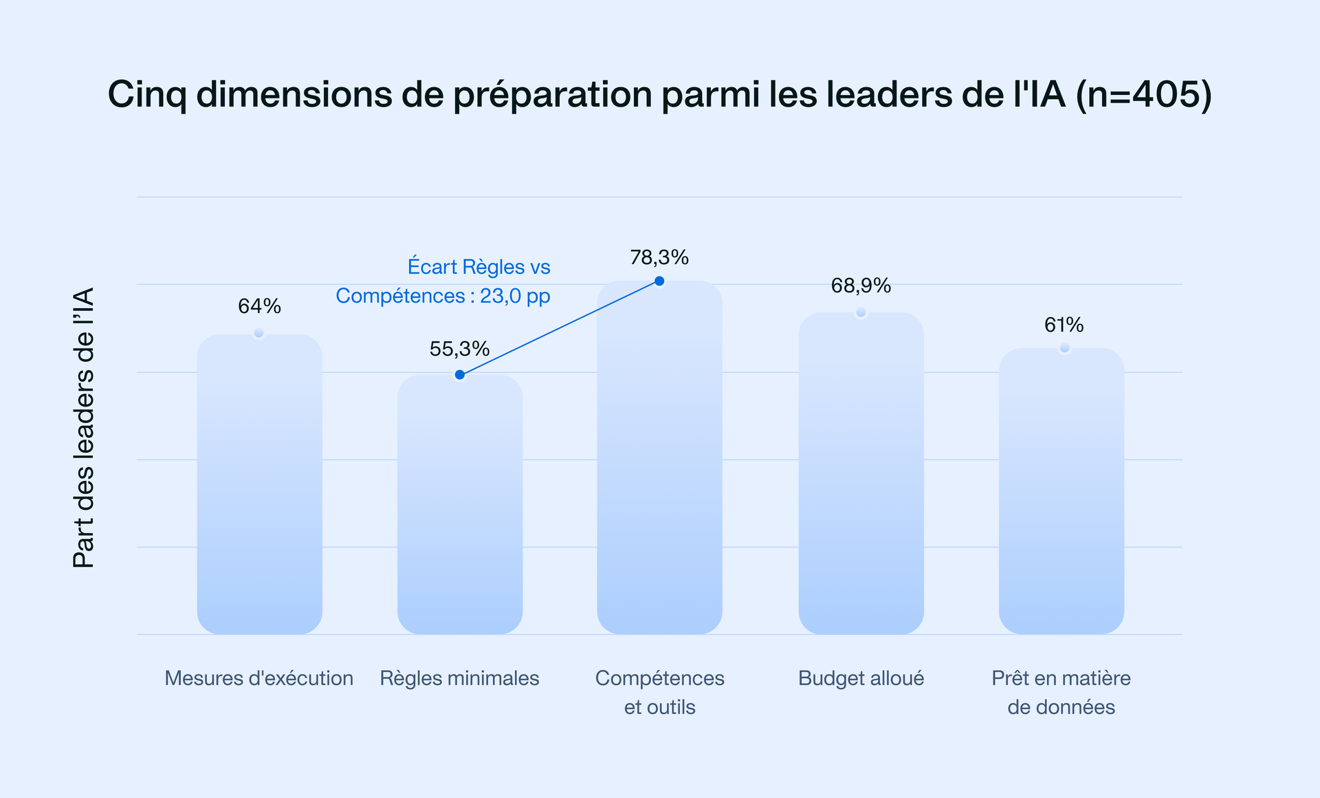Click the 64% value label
click(259, 306)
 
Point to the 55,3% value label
click(459, 349)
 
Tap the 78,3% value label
click(659, 257)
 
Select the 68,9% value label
click(861, 285)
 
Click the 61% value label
click(1064, 325)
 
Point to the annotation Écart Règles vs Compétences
click(443, 281)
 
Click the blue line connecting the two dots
click(560, 327)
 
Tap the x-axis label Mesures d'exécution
click(258, 678)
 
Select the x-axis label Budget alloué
click(861, 678)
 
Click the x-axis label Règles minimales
click(459, 678)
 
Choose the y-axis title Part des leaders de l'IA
click(83, 428)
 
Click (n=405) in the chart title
click(1143, 94)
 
